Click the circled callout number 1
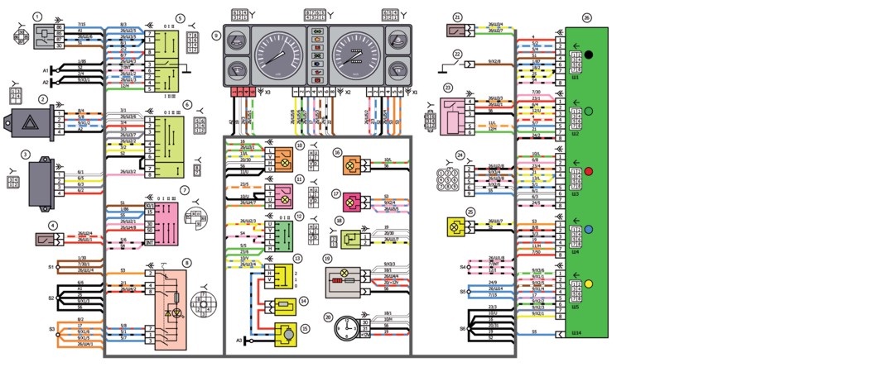pos(37,16)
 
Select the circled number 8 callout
pos(186,264)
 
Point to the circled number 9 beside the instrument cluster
pos(216,36)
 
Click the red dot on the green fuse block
pos(589,171)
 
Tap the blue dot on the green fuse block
pos(589,228)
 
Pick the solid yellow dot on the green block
pos(589,284)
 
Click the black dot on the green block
pos(589,55)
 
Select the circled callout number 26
pos(586,16)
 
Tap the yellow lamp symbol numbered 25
pos(455,226)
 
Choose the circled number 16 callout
pos(337,153)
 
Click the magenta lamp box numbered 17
pos(351,201)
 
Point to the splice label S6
pos(462,327)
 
